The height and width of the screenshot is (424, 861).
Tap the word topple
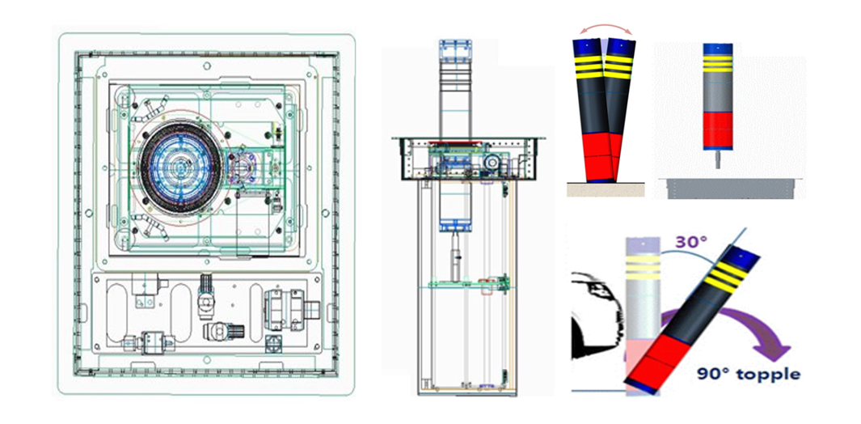click(x=770, y=375)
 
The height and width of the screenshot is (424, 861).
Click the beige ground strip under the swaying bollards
click(x=605, y=189)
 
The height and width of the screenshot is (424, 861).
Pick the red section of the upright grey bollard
click(x=718, y=130)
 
